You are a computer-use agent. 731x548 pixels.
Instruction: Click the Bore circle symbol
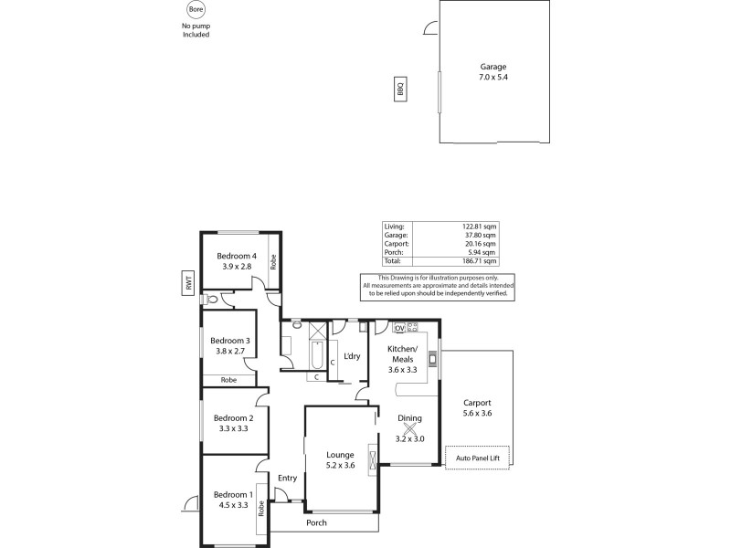click(196, 10)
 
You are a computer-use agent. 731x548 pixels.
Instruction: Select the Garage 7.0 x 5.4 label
click(493, 72)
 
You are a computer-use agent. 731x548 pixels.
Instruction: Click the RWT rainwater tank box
click(189, 284)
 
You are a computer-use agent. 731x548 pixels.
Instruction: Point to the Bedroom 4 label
click(237, 260)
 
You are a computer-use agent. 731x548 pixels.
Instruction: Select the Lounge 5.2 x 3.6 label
click(339, 459)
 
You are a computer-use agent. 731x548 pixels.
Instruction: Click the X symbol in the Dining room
click(409, 428)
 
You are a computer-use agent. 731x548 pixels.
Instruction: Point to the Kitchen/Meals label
click(403, 361)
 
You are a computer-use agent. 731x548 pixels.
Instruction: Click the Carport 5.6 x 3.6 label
click(477, 407)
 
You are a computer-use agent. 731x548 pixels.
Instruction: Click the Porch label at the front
click(316, 523)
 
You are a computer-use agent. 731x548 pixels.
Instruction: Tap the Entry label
click(288, 478)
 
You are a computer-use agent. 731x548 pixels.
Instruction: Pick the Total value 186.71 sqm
click(481, 261)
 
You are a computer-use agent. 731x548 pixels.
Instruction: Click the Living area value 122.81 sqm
click(481, 226)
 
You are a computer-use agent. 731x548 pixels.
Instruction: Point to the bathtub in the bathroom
click(316, 353)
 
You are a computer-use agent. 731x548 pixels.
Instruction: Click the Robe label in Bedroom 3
click(228, 379)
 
